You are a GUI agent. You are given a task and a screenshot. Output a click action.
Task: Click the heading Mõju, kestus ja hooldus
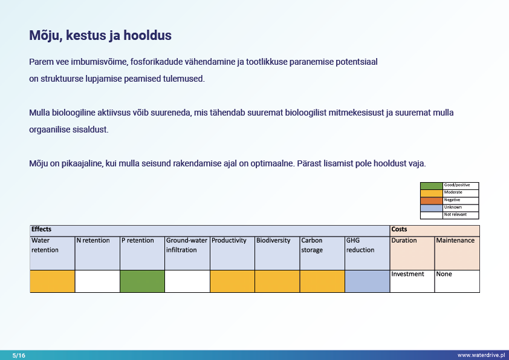pyautogui.click(x=100, y=35)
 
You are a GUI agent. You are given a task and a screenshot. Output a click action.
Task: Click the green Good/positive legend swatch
pyautogui.click(x=431, y=185)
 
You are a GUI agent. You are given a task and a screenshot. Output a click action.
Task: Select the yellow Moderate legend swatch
pyautogui.click(x=431, y=192)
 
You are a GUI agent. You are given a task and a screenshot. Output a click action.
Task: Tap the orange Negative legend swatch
pyautogui.click(x=431, y=200)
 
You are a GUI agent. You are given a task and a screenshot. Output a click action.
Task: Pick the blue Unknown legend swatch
pyautogui.click(x=431, y=208)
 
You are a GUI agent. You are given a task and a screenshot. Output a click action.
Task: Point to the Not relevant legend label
pyautogui.click(x=455, y=215)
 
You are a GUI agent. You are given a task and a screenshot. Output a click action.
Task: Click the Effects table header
pyautogui.click(x=42, y=230)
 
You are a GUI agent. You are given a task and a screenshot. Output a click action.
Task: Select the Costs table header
pyautogui.click(x=399, y=230)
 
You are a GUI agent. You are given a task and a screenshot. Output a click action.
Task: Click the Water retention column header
pyautogui.click(x=45, y=245)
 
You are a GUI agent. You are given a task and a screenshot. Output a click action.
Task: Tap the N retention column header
pyautogui.click(x=93, y=241)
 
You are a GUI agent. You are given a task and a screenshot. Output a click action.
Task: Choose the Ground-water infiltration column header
pyautogui.click(x=187, y=245)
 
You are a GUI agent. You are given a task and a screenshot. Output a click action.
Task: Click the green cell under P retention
pyautogui.click(x=142, y=281)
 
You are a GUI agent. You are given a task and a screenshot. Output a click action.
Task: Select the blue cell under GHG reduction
pyautogui.click(x=367, y=281)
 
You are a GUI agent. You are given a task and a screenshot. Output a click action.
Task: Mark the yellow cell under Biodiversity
pyautogui.click(x=277, y=281)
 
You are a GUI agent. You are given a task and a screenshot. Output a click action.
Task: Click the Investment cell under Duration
pyautogui.click(x=408, y=274)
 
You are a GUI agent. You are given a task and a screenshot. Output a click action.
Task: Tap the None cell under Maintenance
pyautogui.click(x=444, y=274)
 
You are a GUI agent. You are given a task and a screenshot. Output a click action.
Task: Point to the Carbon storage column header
pyautogui.click(x=312, y=245)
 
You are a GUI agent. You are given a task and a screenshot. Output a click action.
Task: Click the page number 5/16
pyautogui.click(x=19, y=355)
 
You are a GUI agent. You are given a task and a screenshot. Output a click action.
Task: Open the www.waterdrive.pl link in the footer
pyautogui.click(x=481, y=355)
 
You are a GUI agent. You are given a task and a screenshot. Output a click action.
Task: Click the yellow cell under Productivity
pyautogui.click(x=232, y=281)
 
